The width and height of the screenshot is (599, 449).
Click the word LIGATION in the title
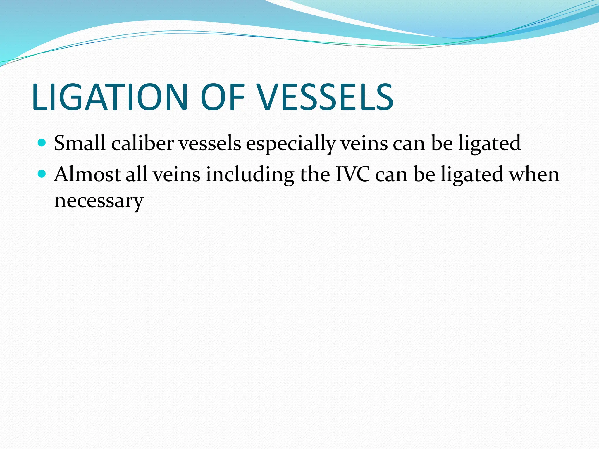pos(110,97)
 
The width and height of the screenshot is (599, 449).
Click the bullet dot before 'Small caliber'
pos(42,143)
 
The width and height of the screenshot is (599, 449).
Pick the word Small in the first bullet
pos(80,143)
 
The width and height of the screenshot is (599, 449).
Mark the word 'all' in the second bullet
pos(136,175)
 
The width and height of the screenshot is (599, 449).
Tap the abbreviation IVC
pos(352,175)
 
